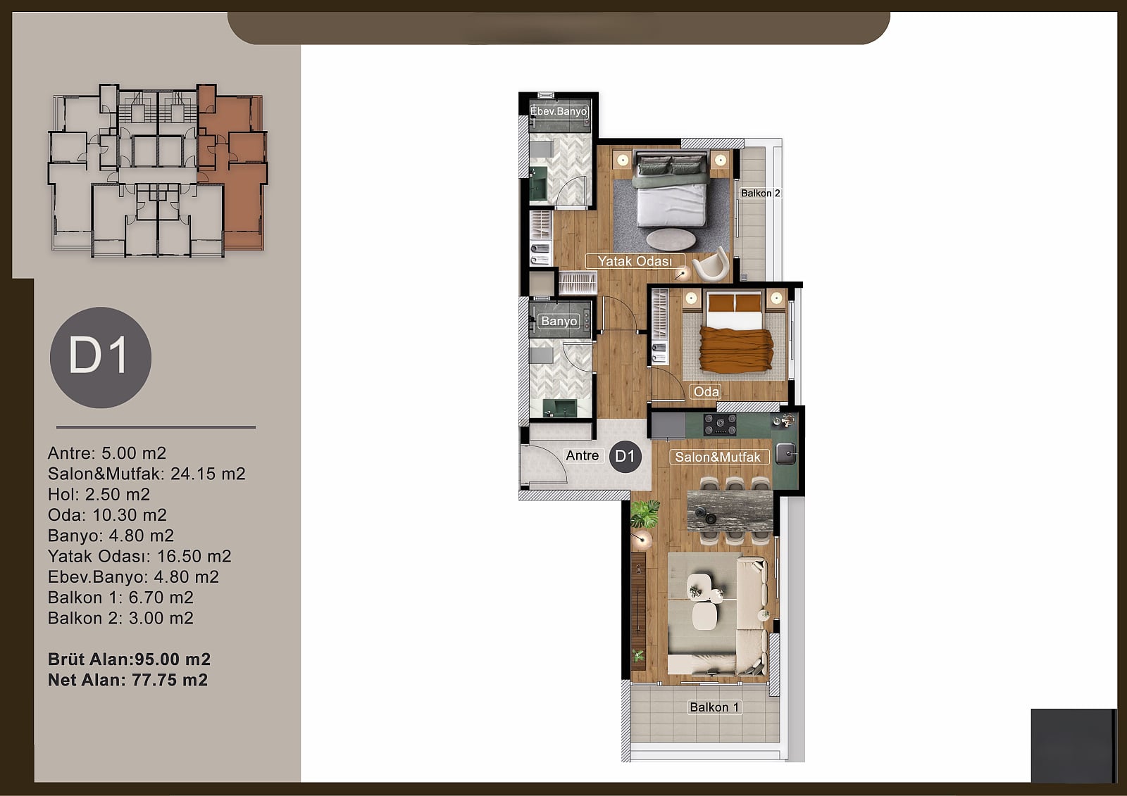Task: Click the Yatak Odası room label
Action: [635, 261]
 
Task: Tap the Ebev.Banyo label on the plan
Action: [559, 111]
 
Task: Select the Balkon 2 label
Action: [760, 193]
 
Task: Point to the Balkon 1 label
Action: [714, 707]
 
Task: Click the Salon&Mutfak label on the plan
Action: [718, 457]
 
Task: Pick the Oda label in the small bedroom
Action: [706, 391]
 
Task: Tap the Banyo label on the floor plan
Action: [559, 321]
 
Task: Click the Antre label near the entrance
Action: [582, 455]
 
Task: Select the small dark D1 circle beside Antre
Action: [625, 456]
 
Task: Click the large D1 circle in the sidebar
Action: [101, 358]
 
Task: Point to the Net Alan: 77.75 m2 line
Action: [127, 680]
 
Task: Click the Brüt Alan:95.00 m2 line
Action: [130, 659]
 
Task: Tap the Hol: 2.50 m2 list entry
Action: [99, 494]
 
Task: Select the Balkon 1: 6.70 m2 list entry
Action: [120, 598]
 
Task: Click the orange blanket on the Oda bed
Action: [736, 350]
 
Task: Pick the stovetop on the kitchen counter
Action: [720, 425]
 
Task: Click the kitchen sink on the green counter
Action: [786, 453]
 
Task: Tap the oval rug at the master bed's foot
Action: [671, 239]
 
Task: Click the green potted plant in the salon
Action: [645, 514]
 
